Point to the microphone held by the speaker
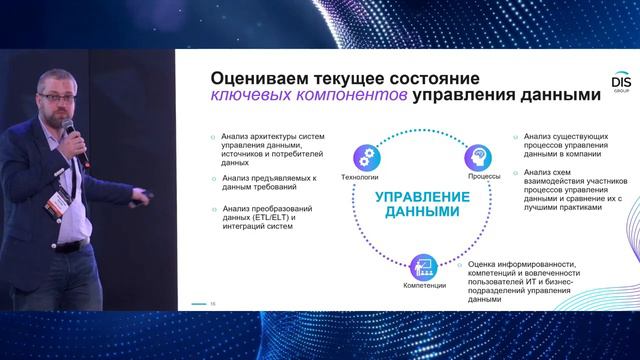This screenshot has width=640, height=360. (x=69, y=129)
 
